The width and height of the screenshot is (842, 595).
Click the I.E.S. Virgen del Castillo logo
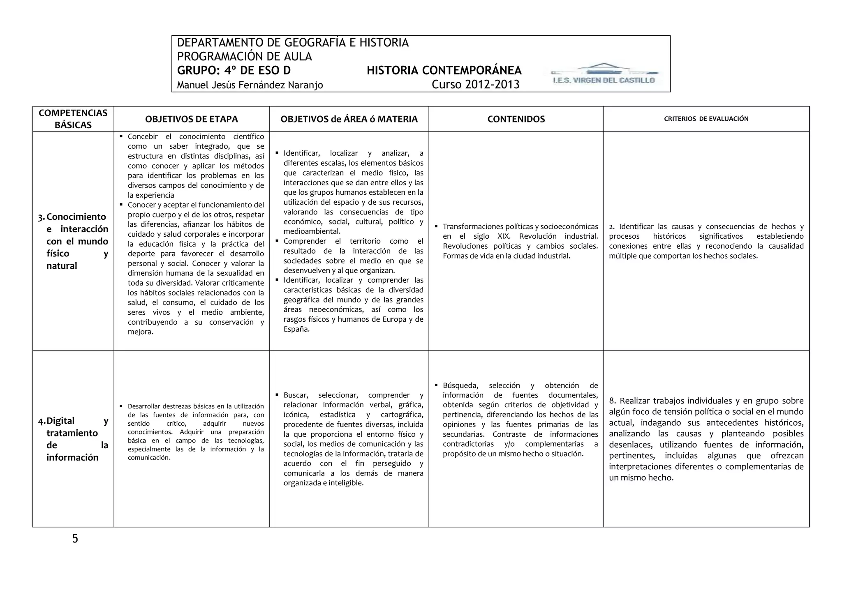tap(603, 74)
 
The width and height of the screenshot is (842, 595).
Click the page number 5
tap(75, 539)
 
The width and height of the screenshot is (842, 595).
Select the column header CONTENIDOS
tap(516, 119)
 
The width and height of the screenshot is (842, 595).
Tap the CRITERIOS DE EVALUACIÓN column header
tap(706, 119)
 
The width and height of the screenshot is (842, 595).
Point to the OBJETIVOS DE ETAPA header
tap(192, 119)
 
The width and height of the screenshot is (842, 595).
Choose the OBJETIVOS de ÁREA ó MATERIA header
tap(349, 119)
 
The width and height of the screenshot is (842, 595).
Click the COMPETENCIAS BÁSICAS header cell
tap(73, 119)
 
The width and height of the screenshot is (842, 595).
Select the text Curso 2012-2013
tap(475, 85)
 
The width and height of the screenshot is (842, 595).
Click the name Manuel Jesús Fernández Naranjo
tap(250, 85)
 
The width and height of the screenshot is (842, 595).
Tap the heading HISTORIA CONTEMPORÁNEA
tap(444, 70)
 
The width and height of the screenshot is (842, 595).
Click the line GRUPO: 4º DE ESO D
tap(234, 70)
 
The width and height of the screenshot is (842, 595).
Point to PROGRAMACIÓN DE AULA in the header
tap(244, 56)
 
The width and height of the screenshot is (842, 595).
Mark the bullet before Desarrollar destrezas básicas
tap(121, 406)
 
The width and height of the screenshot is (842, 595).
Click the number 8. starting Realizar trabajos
tap(613, 401)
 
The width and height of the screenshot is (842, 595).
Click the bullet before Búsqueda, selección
tap(436, 385)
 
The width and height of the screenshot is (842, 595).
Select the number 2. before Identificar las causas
tap(612, 227)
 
